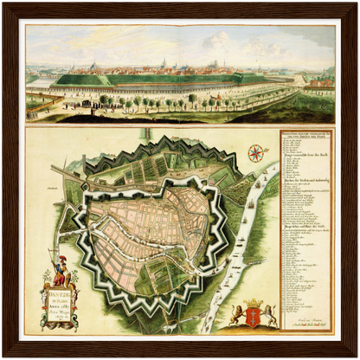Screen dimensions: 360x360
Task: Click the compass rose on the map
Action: [x=256, y=154]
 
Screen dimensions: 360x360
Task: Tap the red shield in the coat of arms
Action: [x=254, y=312]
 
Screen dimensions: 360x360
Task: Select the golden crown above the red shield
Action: [x=254, y=301]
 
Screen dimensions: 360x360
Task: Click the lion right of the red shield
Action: [x=269, y=314]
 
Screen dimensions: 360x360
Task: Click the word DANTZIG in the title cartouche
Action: [x=60, y=295]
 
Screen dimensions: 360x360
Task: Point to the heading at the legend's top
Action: [x=305, y=136]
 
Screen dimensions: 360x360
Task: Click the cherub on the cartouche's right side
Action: [x=77, y=299]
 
